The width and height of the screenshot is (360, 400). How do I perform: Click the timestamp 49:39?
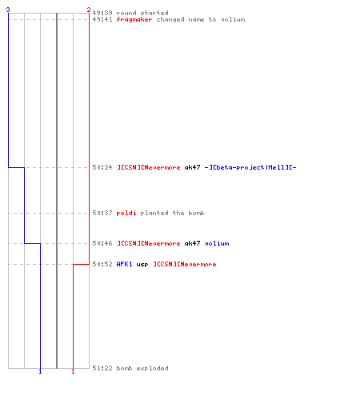point(102,13)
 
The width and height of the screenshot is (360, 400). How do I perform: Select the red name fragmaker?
point(134,19)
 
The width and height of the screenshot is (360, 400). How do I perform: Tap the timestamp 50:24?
point(102,167)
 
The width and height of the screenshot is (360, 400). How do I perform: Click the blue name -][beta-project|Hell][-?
point(250,167)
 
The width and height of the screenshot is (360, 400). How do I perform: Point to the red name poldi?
point(126,213)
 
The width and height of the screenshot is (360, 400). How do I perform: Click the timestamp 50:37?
point(102,213)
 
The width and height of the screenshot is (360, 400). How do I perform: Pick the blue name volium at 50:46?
point(217,243)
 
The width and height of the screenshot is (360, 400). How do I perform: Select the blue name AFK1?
point(124,264)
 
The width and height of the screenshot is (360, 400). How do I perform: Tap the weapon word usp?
point(142,265)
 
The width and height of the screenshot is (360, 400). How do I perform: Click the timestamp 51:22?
point(102,368)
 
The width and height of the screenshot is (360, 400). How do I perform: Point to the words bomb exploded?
point(142,368)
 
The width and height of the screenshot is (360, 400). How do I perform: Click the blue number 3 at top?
point(8,10)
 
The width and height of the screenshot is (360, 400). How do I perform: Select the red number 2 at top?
point(89,10)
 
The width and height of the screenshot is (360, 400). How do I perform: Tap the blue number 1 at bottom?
point(40,371)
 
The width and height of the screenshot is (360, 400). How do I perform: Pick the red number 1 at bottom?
point(73,371)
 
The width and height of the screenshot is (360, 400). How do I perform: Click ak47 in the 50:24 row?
point(192,167)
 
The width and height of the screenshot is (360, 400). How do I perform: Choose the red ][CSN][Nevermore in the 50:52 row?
point(185,264)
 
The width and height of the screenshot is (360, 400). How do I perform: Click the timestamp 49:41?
point(102,19)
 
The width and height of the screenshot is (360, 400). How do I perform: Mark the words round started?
point(142,13)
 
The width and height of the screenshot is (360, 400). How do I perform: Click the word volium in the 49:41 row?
point(233,19)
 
